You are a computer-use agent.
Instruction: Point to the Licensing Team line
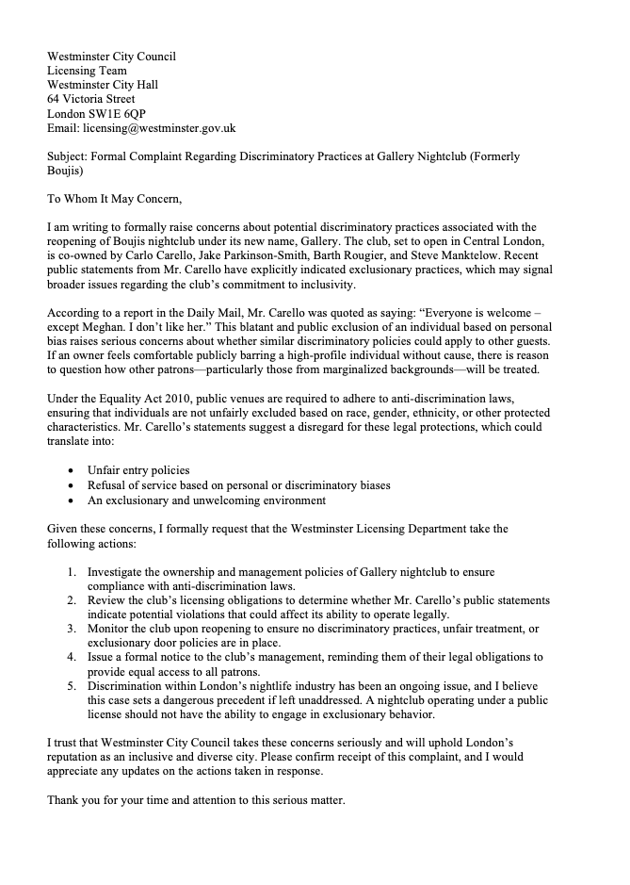(87, 71)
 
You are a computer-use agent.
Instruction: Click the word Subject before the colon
(69, 156)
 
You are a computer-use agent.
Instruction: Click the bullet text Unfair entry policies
(138, 469)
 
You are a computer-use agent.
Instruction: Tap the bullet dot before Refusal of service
(73, 485)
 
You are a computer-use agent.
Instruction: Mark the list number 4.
(73, 656)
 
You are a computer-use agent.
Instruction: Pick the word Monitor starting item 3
(111, 628)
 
